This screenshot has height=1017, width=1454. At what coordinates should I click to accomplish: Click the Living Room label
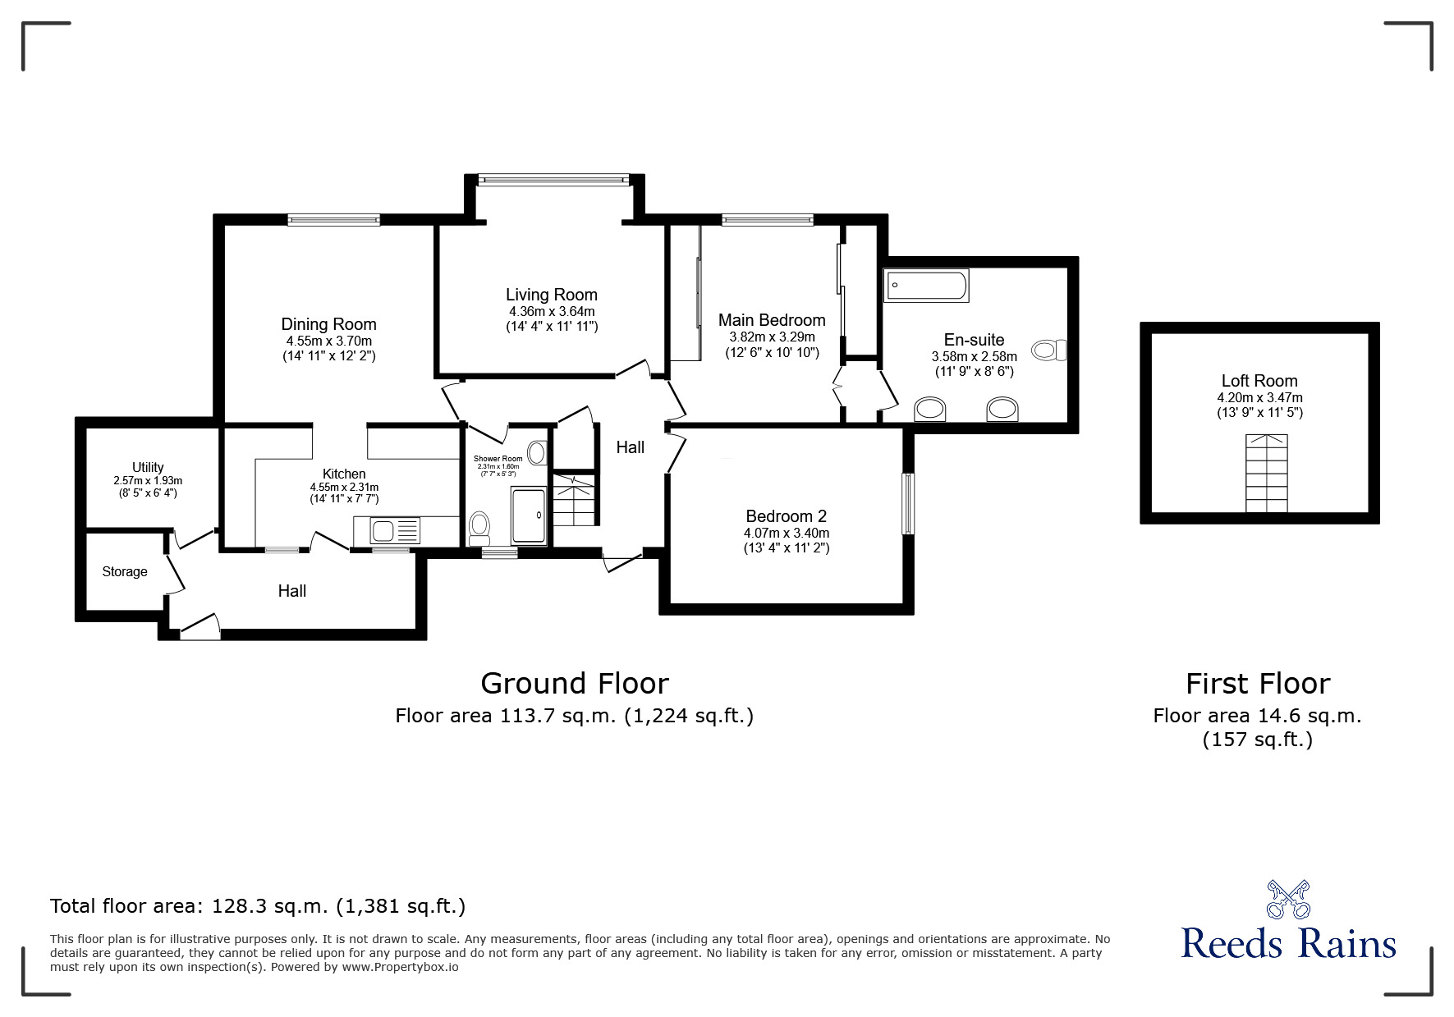click(x=551, y=295)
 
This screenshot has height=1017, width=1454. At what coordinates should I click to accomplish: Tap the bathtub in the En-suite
click(x=926, y=286)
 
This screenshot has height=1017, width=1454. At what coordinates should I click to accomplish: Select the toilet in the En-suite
click(x=1049, y=350)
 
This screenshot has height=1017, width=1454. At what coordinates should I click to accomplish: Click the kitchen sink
click(x=385, y=531)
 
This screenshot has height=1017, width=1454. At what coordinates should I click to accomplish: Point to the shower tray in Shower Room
click(x=528, y=515)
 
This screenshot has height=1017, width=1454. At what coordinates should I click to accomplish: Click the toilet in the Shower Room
click(x=479, y=528)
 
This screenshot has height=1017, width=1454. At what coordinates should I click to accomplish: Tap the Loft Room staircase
click(x=1266, y=474)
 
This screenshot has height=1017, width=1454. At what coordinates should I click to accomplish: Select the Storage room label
click(x=125, y=571)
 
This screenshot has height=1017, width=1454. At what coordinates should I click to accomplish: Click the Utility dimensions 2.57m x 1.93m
click(x=148, y=481)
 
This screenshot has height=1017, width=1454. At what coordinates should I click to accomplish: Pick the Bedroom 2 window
click(x=908, y=503)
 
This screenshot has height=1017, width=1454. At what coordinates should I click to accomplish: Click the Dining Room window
click(x=333, y=219)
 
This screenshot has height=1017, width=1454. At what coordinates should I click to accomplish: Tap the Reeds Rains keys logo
click(x=1287, y=900)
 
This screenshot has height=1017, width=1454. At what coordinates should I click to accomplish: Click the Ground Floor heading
click(x=574, y=683)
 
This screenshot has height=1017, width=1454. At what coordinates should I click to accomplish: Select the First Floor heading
click(x=1257, y=683)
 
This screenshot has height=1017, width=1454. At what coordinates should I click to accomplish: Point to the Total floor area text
click(x=258, y=906)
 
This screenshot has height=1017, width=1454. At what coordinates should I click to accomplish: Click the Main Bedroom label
click(x=771, y=320)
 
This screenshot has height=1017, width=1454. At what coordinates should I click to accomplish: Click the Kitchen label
click(x=344, y=474)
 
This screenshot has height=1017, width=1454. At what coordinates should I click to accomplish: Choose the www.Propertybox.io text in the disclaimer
click(x=400, y=967)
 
